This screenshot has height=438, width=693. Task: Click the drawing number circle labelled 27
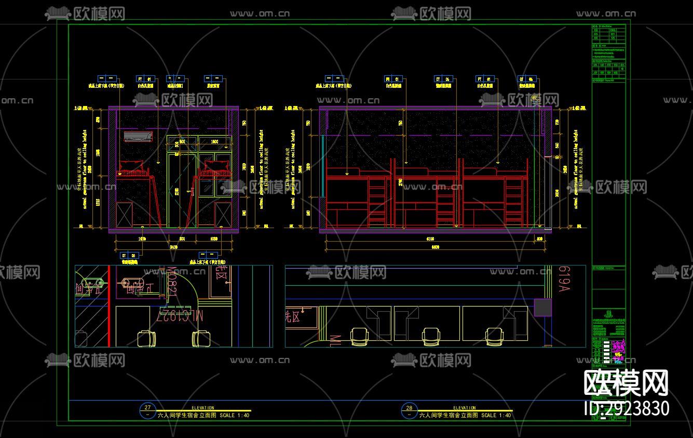(148, 408)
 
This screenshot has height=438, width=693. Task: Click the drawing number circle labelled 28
(410, 408)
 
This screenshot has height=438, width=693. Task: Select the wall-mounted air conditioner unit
(138, 137)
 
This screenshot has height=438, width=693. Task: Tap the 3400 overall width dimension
(173, 247)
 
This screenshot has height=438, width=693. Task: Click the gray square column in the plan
(542, 308)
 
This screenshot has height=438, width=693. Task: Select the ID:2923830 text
(627, 408)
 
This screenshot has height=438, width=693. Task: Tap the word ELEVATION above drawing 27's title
(202, 408)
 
